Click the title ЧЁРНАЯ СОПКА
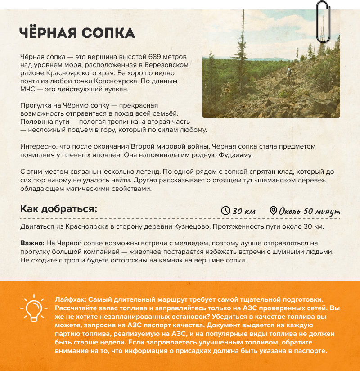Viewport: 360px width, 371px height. pos(77,33)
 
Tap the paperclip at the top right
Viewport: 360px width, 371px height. pos(322,23)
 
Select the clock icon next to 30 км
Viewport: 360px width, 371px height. pos(225,211)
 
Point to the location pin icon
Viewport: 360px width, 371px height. pos(273,211)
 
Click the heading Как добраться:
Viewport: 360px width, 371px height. pos(59,209)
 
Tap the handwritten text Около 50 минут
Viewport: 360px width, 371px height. pos(309,211)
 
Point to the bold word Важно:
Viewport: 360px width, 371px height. pos(31,243)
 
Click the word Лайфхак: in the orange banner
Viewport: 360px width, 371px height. pos(71,299)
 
